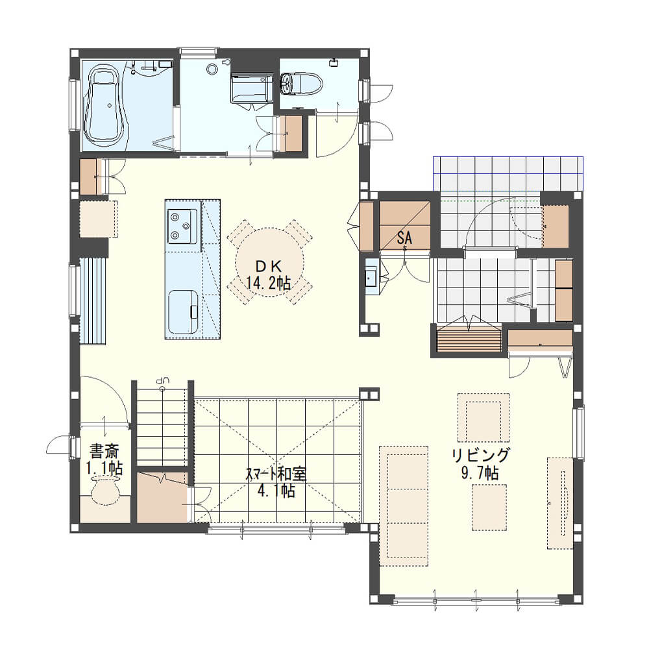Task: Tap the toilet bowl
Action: click(301, 84)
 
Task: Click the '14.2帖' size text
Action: click(269, 284)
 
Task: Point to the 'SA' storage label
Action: click(404, 238)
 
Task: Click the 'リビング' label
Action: click(480, 456)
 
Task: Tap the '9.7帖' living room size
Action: click(480, 472)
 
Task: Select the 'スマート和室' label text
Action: click(276, 474)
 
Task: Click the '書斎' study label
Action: click(104, 451)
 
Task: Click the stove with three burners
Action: click(182, 226)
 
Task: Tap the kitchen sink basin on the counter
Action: click(182, 312)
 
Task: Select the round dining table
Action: click(269, 262)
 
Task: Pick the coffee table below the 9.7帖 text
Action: click(489, 508)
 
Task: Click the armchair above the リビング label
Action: click(484, 417)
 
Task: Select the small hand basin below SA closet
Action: click(371, 276)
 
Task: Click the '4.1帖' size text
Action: click(276, 491)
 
